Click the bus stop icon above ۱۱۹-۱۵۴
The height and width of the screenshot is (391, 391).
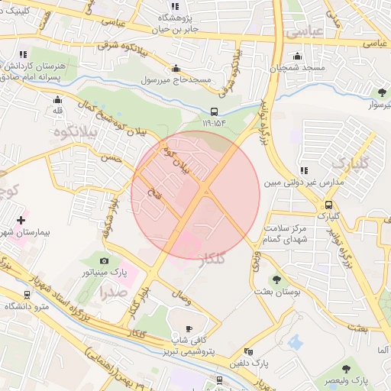click(214, 110)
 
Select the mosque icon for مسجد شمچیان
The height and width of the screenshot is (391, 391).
click(297, 57)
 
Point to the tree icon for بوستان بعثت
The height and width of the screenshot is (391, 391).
click(276, 280)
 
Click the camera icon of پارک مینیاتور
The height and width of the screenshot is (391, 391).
click(104, 260)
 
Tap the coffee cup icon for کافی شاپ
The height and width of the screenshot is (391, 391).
click(189, 328)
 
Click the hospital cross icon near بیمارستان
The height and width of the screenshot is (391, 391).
click(21, 219)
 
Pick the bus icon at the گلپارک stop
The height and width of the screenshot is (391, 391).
click(328, 205)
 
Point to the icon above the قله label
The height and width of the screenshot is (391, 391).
click(57, 99)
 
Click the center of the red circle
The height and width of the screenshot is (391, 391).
click(195, 195)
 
